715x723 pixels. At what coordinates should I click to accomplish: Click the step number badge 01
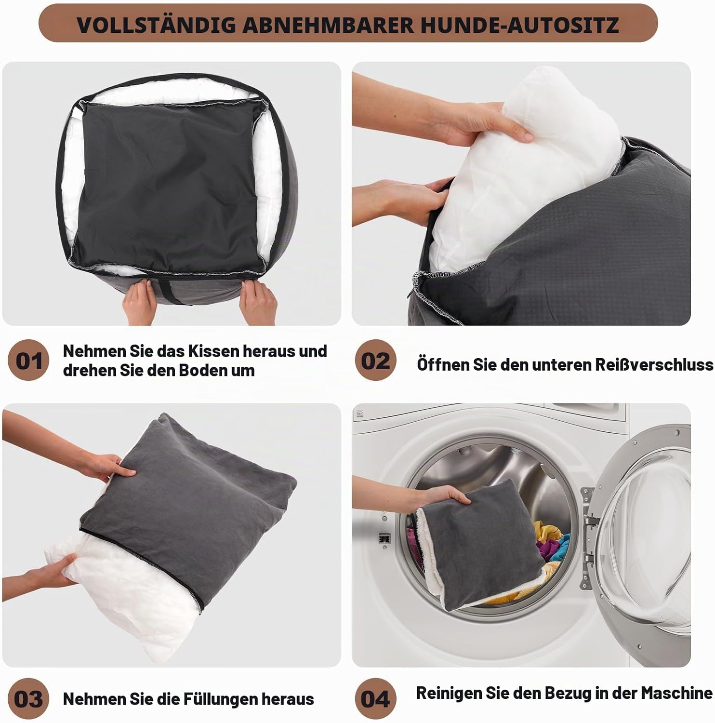pos(29,360)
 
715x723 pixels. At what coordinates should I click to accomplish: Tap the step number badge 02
pos(375,360)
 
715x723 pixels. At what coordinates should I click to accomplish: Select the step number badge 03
pos(29,698)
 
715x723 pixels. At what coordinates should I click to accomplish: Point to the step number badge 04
pos(375,698)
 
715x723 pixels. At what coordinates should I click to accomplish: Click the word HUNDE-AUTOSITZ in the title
pos(520,25)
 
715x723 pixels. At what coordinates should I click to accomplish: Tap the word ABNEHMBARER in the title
pos(328,25)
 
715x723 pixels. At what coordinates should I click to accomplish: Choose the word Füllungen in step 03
pos(221,698)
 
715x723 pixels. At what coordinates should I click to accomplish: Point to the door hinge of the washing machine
pos(588,522)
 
